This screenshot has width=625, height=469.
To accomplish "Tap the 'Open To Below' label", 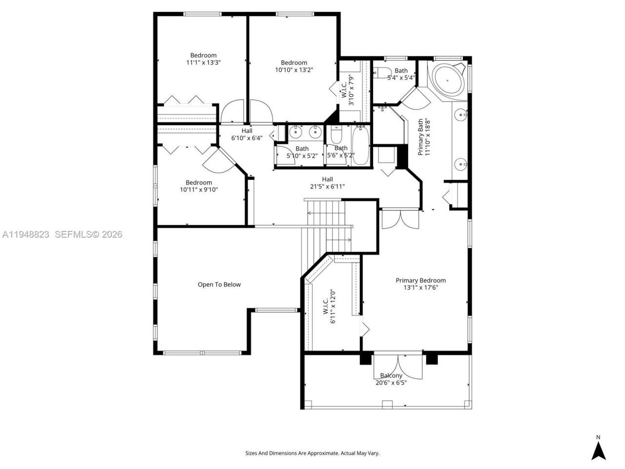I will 219,284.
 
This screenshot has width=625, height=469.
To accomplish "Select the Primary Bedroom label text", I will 420,280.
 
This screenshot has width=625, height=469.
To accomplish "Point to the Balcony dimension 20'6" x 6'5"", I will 391,383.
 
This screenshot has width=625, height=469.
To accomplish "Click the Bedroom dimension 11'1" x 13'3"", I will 203,63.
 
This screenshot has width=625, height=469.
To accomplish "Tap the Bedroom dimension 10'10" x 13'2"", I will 294,70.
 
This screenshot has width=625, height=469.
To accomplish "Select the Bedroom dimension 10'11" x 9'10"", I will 199,190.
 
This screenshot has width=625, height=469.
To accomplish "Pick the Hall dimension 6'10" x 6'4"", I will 247,138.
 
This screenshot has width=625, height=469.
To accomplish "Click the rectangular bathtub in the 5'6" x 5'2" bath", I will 361,145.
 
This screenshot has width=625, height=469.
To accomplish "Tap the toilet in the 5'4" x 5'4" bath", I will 379,73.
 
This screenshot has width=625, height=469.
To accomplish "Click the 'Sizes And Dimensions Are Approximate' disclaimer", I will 312,453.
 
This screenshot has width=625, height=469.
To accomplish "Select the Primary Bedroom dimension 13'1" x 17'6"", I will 420,288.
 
